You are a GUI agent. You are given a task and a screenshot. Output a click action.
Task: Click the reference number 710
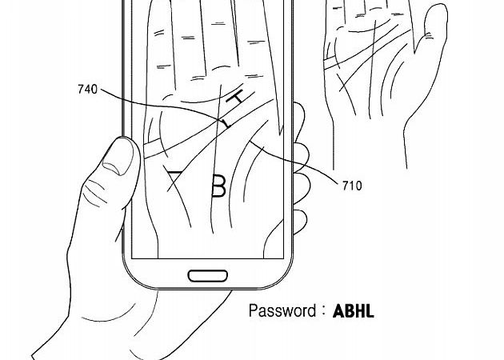click(x=351, y=186)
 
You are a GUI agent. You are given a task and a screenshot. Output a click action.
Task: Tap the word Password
click(x=282, y=310)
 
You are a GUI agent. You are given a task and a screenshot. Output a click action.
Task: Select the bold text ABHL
click(x=352, y=311)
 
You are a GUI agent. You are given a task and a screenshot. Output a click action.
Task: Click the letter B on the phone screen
click(x=218, y=186)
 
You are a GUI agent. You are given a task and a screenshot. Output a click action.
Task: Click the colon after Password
click(x=323, y=311)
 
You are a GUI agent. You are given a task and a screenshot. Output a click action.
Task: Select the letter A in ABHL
click(x=338, y=311)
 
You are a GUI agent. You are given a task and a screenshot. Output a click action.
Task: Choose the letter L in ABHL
click(x=369, y=311)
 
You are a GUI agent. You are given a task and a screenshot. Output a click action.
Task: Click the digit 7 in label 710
click(x=344, y=186)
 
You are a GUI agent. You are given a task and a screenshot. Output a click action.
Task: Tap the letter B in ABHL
click(x=348, y=311)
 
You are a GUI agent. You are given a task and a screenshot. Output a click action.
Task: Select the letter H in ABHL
click(x=358, y=311)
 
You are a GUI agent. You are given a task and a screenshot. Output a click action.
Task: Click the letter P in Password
click(x=253, y=310)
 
